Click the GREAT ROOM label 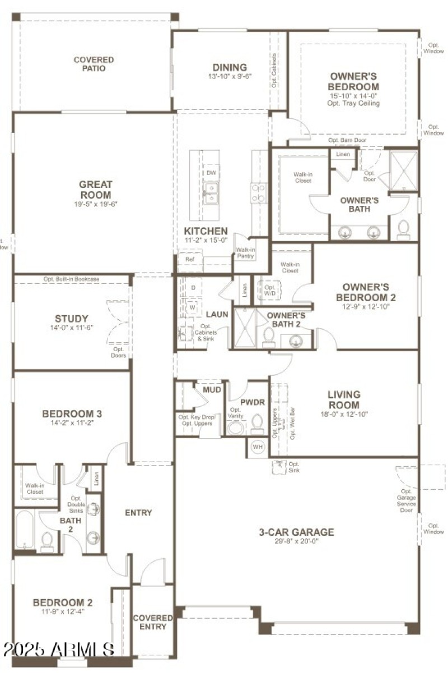[95, 189]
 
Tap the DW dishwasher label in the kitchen [211, 173]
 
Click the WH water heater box [258, 447]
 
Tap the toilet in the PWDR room [258, 424]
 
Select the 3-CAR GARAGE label [296, 532]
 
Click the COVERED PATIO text [94, 64]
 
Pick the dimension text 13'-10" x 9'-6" [230, 77]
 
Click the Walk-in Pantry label [245, 253]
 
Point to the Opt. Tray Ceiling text [353, 103]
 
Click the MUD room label [212, 389]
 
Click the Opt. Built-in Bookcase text [71, 279]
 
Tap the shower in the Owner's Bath [403, 171]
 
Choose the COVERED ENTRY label [152, 622]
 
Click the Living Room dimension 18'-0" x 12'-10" [344, 415]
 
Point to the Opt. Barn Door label [347, 140]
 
